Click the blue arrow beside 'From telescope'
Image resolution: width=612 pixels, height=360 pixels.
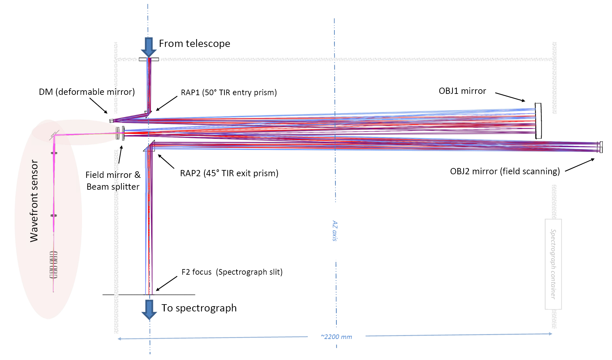149,47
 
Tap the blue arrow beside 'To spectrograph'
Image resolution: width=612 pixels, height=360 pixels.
149,309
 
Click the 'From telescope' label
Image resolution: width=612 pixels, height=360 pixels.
194,44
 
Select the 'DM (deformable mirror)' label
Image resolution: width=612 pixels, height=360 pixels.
87,92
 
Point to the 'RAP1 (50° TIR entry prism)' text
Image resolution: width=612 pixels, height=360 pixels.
229,93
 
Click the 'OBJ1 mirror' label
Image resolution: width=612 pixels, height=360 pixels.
462,91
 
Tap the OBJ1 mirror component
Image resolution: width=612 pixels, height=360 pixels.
538,121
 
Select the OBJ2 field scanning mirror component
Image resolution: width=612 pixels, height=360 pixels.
600,147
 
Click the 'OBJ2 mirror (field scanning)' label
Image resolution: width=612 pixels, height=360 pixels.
505,171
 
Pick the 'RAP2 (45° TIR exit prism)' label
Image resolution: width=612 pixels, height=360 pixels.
229,173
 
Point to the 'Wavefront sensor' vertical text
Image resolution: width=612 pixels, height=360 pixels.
34,201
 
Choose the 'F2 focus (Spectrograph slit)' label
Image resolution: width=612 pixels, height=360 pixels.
232,272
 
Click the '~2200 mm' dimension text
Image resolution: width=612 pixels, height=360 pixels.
336,337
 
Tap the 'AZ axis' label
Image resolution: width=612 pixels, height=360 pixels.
335,231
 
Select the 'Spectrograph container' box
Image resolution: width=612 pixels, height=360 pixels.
553,264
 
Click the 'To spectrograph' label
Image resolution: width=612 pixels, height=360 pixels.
199,308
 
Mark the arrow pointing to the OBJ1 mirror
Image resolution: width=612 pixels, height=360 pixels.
510,97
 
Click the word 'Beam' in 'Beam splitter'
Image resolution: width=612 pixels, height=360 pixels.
96,187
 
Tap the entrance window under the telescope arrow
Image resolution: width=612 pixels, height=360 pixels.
149,59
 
